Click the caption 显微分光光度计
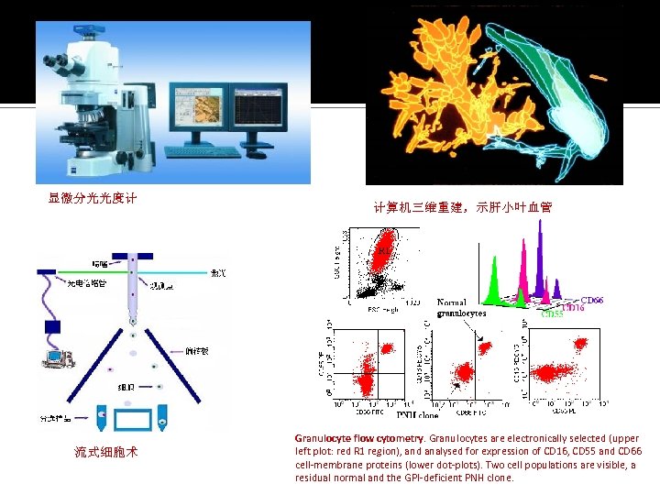[x=92, y=197]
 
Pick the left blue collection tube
[x=99, y=418]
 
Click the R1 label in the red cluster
[x=382, y=247]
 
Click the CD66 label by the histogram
[x=593, y=299]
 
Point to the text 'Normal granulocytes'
[x=461, y=308]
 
